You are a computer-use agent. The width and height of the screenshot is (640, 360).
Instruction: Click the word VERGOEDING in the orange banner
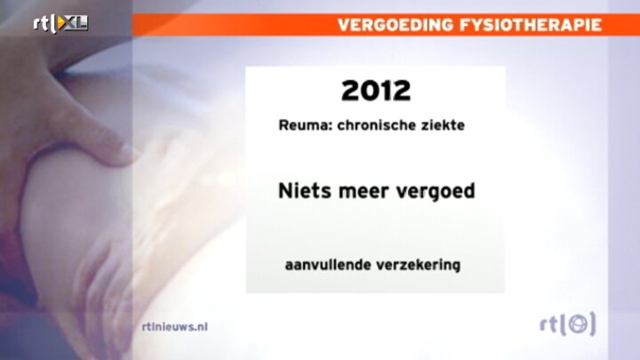[395, 25]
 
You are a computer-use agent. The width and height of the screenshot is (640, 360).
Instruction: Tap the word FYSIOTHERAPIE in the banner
[531, 25]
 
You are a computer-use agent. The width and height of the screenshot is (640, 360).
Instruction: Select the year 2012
[376, 90]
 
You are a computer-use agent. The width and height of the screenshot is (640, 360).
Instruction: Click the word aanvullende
[328, 265]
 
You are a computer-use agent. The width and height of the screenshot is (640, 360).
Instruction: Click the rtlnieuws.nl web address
[175, 326]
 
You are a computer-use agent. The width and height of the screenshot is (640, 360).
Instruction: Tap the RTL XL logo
[60, 24]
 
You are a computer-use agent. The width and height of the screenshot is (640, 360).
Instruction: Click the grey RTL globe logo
[568, 324]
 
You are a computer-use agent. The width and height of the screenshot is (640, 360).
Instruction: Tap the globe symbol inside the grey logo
[579, 324]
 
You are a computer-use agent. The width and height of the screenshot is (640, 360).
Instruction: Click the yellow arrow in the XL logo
[61, 24]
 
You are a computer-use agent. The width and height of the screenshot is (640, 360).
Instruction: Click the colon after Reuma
[330, 126]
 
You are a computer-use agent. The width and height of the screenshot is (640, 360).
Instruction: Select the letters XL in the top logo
[76, 24]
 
